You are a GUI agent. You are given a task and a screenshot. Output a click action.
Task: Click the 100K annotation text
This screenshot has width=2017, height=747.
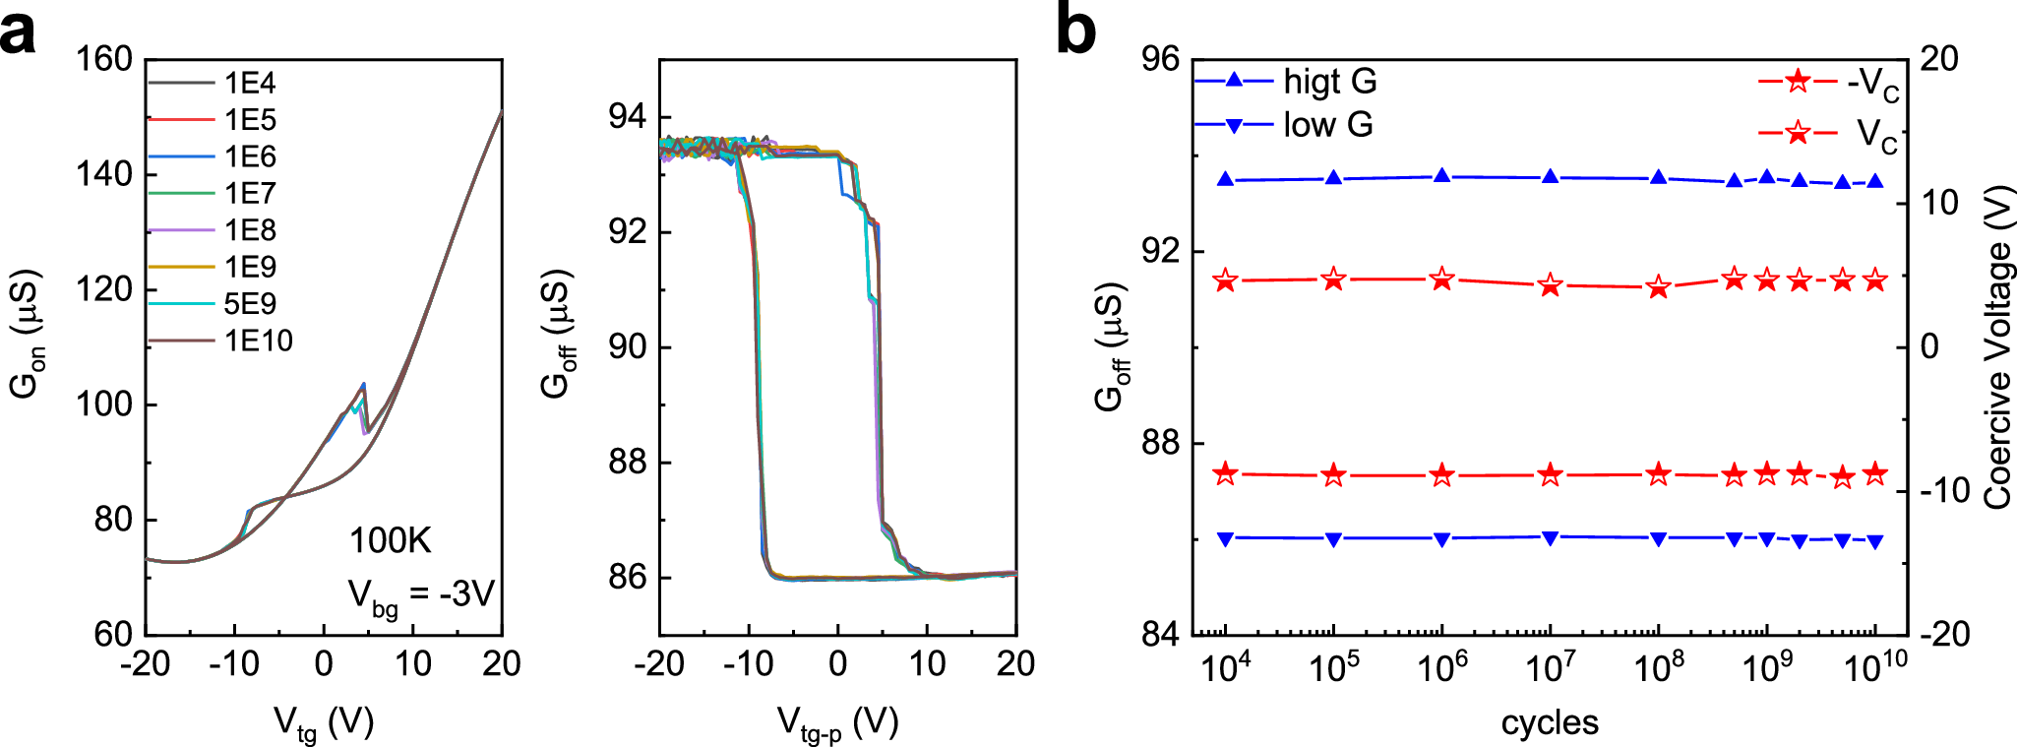click(390, 540)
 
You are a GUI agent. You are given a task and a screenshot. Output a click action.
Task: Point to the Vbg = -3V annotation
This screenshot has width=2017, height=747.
click(420, 595)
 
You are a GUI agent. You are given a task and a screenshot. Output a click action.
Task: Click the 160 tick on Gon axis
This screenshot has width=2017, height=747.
click(104, 59)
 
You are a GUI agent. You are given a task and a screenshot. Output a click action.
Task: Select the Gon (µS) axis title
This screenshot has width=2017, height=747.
click(26, 333)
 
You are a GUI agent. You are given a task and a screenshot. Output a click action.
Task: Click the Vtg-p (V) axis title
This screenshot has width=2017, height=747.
click(837, 724)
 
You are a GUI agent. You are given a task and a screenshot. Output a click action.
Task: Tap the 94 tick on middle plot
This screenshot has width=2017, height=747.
click(628, 117)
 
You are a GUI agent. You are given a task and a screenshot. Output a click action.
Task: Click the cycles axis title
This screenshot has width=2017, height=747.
click(1549, 722)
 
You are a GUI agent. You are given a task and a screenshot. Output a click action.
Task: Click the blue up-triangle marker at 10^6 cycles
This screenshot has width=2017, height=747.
click(1442, 176)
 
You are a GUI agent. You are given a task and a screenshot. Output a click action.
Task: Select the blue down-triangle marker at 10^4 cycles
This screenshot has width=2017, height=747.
click(1226, 538)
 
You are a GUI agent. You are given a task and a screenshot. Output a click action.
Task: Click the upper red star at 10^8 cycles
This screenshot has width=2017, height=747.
click(1659, 287)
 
